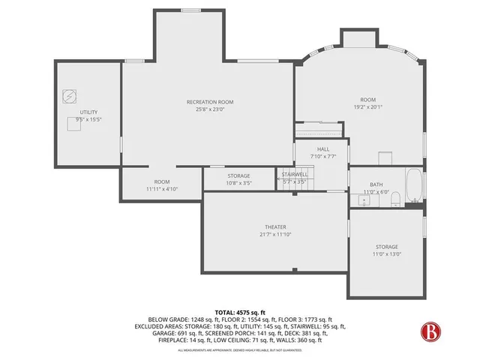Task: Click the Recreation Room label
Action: click(x=210, y=101)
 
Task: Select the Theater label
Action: click(x=275, y=227)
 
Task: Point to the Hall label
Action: click(x=323, y=149)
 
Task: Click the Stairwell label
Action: click(x=295, y=175)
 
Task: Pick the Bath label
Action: click(x=376, y=184)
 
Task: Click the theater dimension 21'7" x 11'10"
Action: click(x=275, y=235)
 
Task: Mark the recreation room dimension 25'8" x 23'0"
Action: click(x=210, y=109)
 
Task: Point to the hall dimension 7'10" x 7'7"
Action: click(x=323, y=157)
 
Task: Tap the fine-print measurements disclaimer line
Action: click(x=239, y=350)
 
